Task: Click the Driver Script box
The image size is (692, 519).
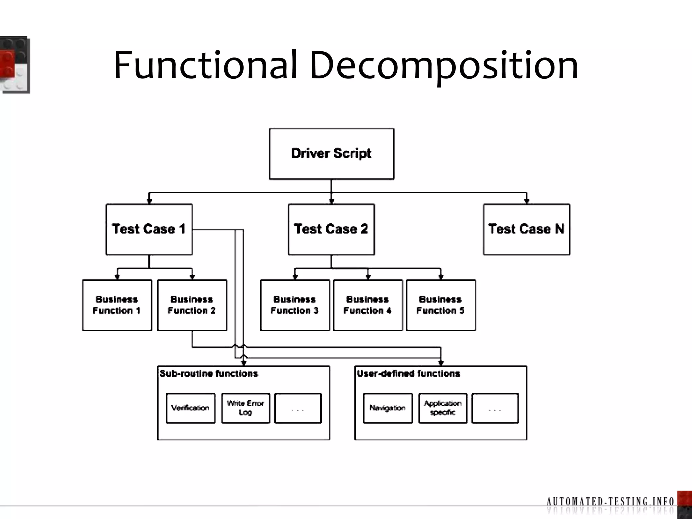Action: [x=331, y=154]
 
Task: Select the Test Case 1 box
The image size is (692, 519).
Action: [x=149, y=229]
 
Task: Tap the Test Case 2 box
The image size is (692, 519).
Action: [x=331, y=229]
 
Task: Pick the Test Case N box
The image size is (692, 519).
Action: [x=526, y=229]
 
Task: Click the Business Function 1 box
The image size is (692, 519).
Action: [x=117, y=305]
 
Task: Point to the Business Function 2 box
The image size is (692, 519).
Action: [x=192, y=305]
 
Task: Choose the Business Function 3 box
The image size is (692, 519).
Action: [x=295, y=305]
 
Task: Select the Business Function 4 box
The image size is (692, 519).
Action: [x=368, y=305]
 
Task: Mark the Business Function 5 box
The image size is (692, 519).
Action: [x=441, y=305]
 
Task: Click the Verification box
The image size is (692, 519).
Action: [x=191, y=408]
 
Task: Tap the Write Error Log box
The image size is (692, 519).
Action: [x=246, y=408]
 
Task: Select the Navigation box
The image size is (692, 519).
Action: [x=388, y=408]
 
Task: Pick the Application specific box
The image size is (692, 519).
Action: [x=443, y=408]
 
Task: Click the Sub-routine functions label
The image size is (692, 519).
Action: [x=209, y=374]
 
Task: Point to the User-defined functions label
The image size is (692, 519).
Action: [x=409, y=374]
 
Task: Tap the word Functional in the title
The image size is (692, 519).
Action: [x=205, y=65]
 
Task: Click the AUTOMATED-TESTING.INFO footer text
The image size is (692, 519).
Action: [x=610, y=501]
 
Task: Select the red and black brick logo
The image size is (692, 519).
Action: [x=15, y=64]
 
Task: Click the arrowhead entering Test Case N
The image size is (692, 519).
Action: [x=526, y=201]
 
